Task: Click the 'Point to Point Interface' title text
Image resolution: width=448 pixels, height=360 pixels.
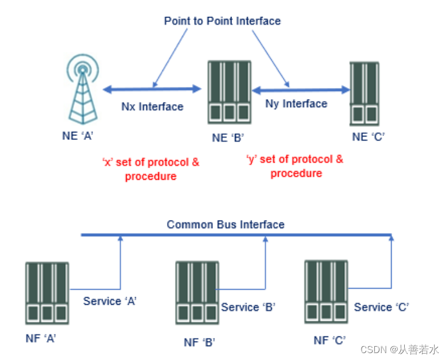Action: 222,21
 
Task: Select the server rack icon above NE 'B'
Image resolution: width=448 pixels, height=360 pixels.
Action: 229,92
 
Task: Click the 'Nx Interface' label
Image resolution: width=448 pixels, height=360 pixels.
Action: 152,107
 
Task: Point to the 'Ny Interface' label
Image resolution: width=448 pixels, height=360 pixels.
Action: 296,104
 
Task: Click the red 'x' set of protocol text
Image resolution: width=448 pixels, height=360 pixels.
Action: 150,169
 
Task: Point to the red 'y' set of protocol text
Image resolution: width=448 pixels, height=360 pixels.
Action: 295,165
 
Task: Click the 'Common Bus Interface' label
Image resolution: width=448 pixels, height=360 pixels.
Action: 226,225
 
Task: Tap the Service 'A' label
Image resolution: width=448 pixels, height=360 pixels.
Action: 109,301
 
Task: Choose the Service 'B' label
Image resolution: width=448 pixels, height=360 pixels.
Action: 248,307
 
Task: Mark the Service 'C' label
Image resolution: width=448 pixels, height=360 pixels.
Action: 381,307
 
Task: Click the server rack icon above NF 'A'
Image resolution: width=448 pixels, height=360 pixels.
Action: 47,293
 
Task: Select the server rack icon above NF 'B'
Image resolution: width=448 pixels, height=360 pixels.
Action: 197,292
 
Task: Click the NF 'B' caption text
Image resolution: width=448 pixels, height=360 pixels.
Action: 199,342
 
